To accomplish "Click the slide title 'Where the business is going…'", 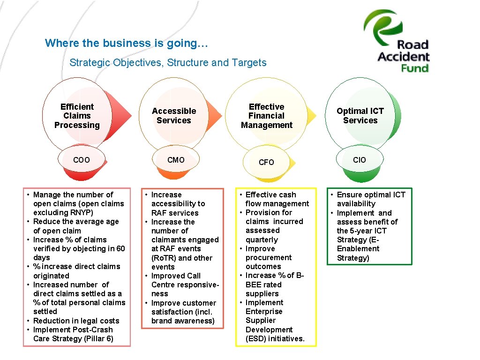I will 127,43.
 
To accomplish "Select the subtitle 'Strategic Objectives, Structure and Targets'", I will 168,63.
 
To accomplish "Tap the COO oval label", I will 82,160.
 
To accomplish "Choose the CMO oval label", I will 176,160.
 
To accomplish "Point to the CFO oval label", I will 266,162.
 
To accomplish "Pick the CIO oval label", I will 360,160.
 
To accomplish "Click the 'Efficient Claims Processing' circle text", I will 77,116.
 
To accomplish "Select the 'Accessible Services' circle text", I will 174,116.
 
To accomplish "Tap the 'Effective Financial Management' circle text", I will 267,116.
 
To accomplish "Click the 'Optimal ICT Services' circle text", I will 360,116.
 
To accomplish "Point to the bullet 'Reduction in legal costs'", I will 76,321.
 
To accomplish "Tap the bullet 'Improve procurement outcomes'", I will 268,257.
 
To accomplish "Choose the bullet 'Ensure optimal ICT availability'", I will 370,199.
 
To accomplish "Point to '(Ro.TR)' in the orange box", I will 164,258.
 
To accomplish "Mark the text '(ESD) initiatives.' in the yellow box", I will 275,338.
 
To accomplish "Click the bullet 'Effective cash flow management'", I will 277,199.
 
